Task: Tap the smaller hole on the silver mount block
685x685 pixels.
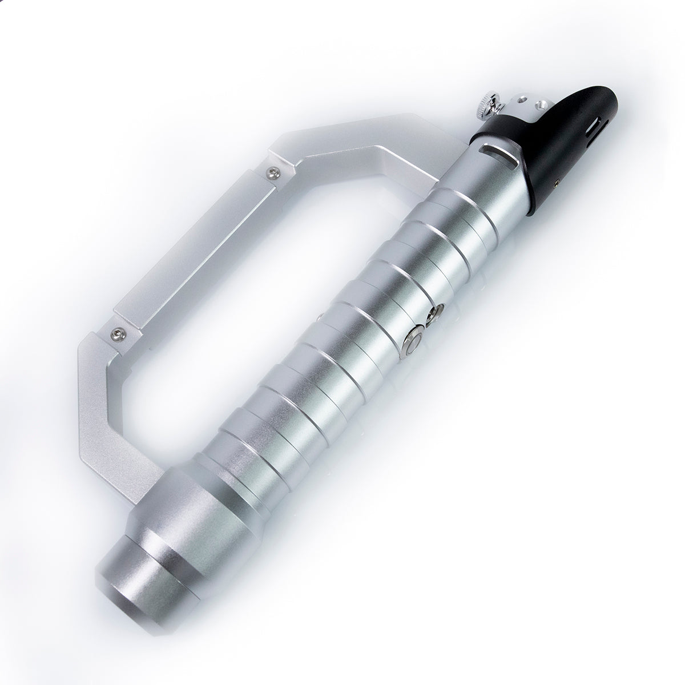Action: pyautogui.click(x=524, y=101)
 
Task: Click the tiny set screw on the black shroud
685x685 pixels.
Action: pyautogui.click(x=555, y=182)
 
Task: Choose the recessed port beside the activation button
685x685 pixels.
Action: pyautogui.click(x=439, y=312)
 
